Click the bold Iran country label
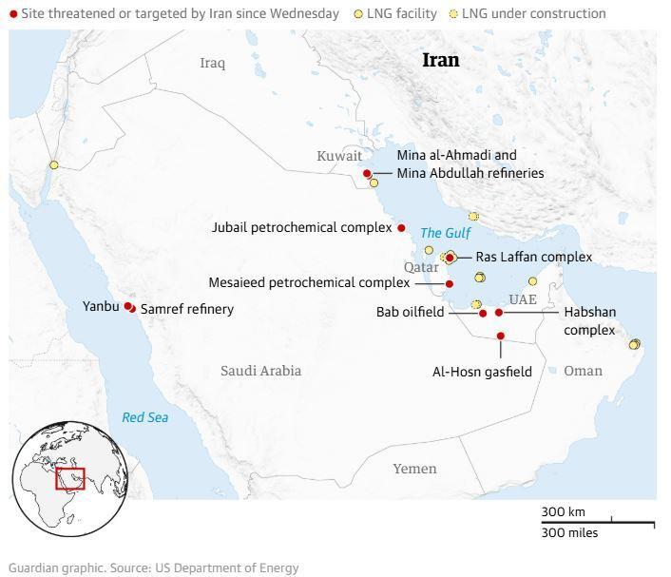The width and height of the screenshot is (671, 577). [x=440, y=60]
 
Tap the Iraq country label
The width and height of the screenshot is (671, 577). [x=212, y=63]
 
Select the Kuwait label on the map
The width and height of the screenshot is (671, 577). [x=339, y=156]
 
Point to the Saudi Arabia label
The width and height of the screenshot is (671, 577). [x=260, y=370]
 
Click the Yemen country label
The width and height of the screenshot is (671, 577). [x=414, y=468]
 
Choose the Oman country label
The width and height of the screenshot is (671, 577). [x=583, y=370]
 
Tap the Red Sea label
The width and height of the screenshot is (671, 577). [x=144, y=417]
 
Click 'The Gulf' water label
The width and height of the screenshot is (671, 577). [x=445, y=233]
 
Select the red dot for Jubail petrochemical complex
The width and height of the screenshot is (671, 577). [x=401, y=228]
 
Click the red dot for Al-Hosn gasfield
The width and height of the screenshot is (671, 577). [x=500, y=336]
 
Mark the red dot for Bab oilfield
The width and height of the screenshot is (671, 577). [x=483, y=313]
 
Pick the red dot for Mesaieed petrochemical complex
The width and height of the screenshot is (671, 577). [x=450, y=283]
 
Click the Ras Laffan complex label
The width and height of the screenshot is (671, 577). [x=533, y=257]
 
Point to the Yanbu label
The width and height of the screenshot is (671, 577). [x=101, y=306]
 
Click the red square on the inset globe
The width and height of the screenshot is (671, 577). [x=70, y=478]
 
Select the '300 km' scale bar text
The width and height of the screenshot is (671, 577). [x=564, y=512]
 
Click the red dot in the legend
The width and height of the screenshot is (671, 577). [x=13, y=14]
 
